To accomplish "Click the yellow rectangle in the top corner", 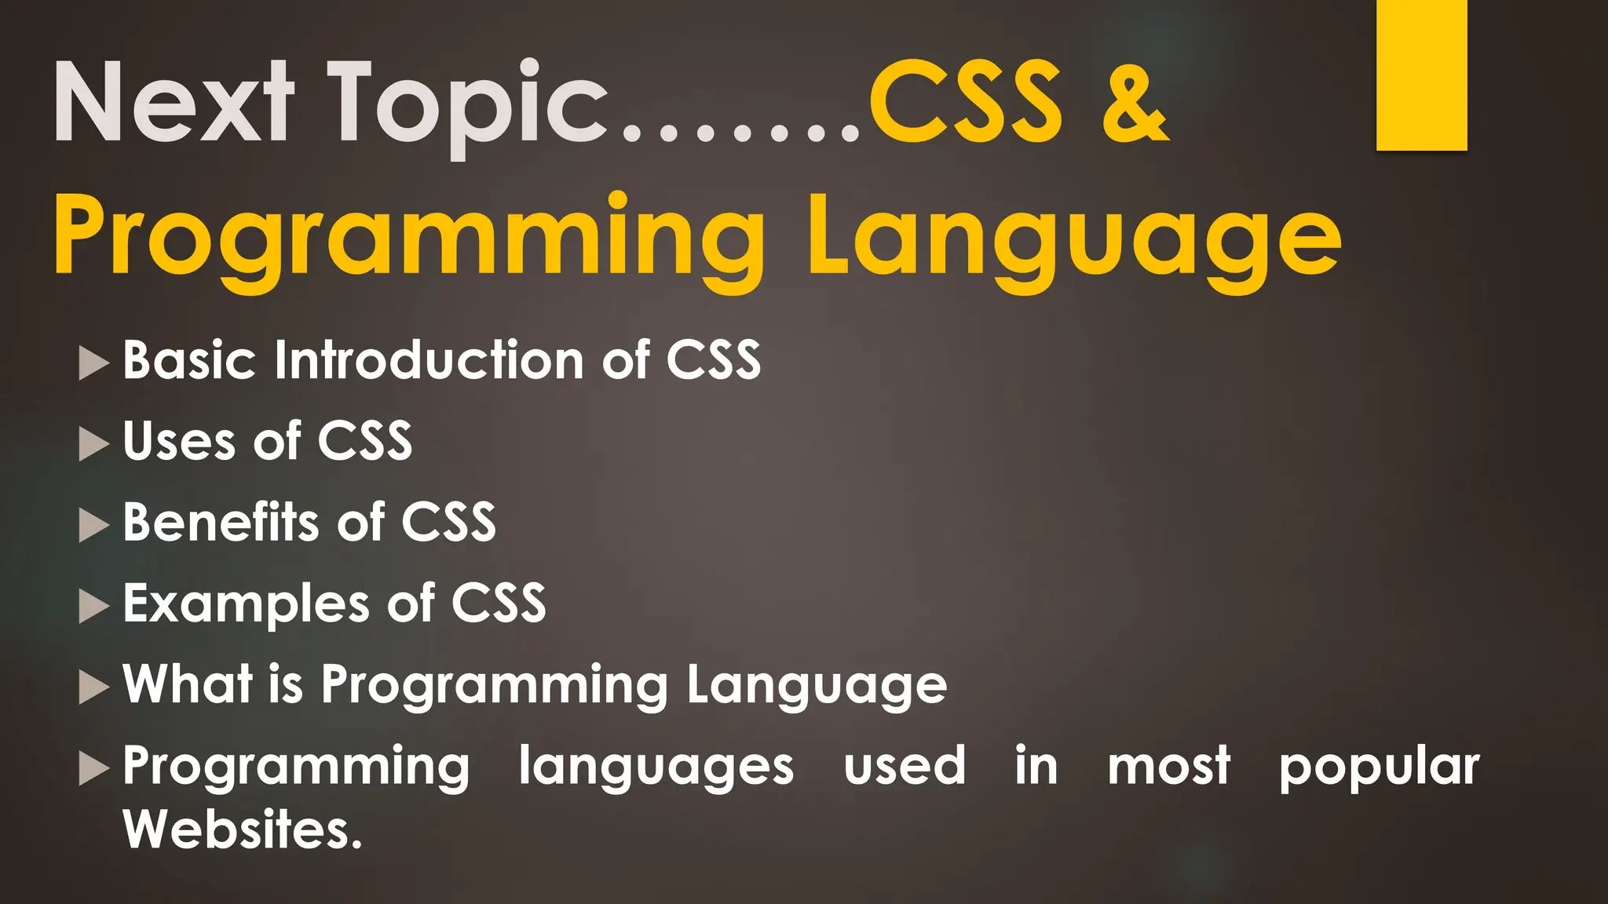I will tap(1421, 75).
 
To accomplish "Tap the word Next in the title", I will tap(173, 103).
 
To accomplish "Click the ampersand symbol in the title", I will tap(1135, 103).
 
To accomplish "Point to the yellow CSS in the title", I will tap(965, 103).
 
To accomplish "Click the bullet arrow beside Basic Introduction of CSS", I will tap(93, 363).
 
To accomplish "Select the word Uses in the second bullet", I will tap(179, 441).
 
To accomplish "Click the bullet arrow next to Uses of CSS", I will tap(93, 444).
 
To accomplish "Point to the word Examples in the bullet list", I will tap(246, 605).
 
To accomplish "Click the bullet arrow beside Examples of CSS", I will tap(93, 606).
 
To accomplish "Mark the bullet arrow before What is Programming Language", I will tap(93, 687).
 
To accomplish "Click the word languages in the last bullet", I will tap(656, 767).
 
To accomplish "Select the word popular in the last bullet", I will tap(1379, 767).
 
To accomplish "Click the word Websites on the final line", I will tap(242, 829).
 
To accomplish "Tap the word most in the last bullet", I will tap(1168, 767).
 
